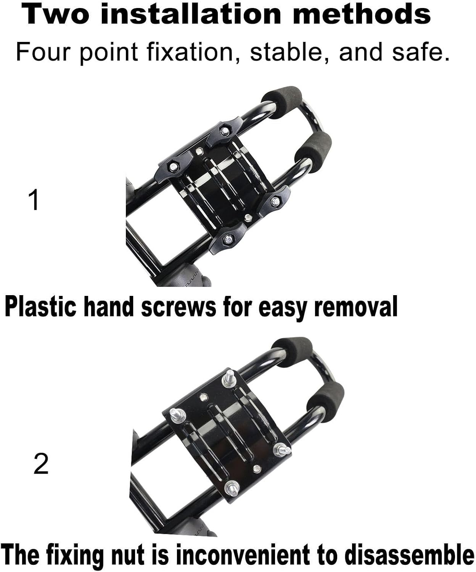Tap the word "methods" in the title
tap(362, 14)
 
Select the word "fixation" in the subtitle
tap(190, 51)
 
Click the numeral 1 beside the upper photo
tap(34, 200)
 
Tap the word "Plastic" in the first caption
tap(40, 307)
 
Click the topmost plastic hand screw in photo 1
tap(224, 130)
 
